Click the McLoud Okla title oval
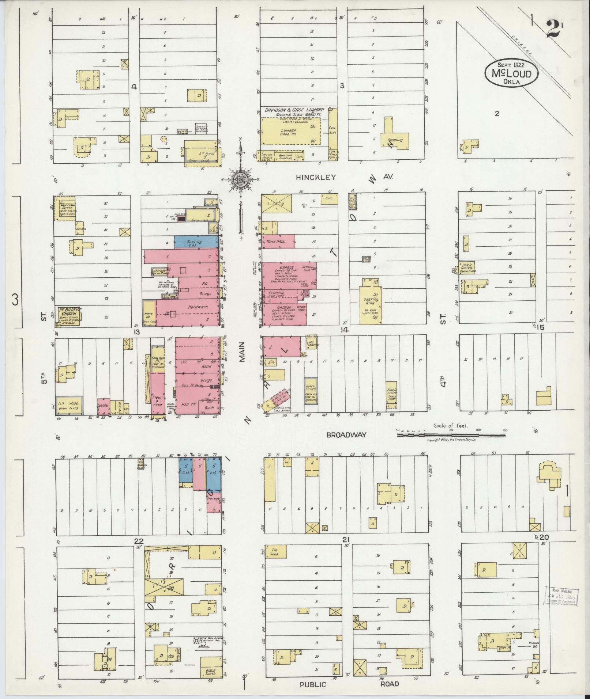click(512, 73)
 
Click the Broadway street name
click(346, 435)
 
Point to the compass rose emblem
click(241, 179)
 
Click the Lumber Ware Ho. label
click(288, 132)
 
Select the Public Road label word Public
click(313, 684)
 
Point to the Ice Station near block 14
click(311, 343)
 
